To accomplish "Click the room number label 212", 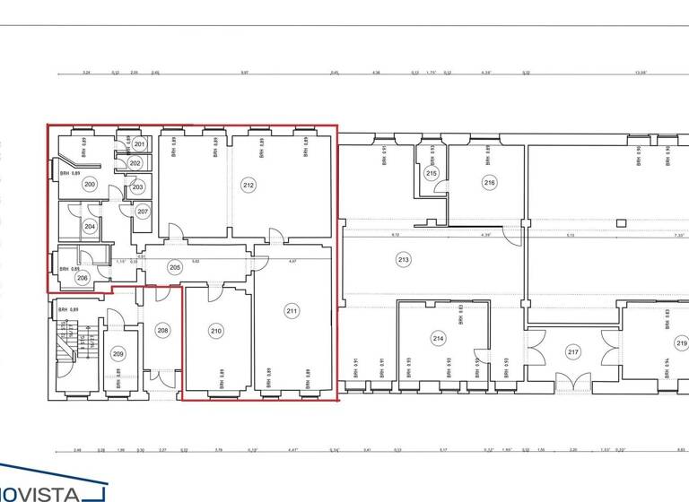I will (249, 186).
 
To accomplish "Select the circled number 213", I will (404, 260).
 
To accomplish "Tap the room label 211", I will (292, 311).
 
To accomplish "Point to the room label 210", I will (216, 331).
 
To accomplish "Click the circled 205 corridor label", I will (175, 265).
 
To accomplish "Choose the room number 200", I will (89, 184).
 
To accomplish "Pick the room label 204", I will (90, 227).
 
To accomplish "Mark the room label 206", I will (83, 278).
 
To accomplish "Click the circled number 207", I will (142, 212).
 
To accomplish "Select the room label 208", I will (162, 331).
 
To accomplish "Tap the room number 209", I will (118, 353).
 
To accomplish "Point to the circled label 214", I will (438, 338).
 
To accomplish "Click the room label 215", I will (432, 173).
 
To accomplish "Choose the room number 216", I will (489, 182).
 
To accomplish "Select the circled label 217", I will (573, 352).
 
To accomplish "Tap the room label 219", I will (681, 343).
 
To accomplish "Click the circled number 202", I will (135, 164).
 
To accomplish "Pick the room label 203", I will (137, 186).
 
